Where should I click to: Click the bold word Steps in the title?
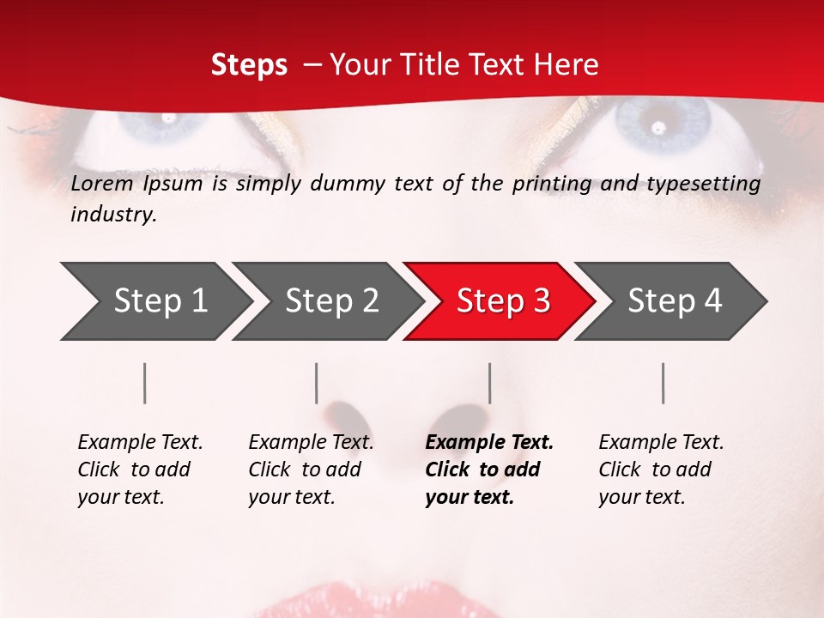(x=249, y=65)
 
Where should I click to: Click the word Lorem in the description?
(x=101, y=184)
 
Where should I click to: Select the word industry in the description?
(x=113, y=215)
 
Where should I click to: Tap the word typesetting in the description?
(x=709, y=184)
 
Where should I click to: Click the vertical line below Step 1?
(x=145, y=383)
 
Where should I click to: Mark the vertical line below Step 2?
(x=317, y=383)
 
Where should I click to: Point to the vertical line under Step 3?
(x=489, y=383)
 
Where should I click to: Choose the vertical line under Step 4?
(x=663, y=383)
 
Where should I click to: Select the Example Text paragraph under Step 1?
(x=140, y=470)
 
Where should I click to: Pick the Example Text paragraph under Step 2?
(x=311, y=470)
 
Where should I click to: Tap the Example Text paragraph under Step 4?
(x=661, y=470)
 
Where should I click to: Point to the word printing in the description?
(x=549, y=184)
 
